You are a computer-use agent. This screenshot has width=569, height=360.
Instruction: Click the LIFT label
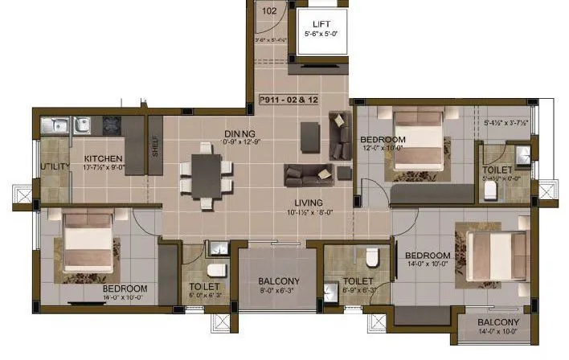pos(321,25)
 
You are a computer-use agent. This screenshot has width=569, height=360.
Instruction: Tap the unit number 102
pos(269,10)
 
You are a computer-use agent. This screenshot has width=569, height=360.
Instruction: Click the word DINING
pos(239,133)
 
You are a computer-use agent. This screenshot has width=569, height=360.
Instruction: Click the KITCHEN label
pos(103,158)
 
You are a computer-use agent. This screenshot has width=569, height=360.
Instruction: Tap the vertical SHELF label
pos(155,146)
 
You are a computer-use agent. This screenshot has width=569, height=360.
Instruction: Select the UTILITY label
pos(55,166)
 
